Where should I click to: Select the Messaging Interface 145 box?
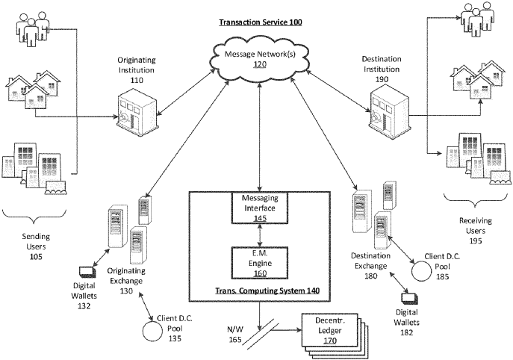259,208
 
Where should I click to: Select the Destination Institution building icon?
386,109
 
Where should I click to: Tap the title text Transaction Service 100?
259,24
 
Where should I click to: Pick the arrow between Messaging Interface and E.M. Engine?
259,233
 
